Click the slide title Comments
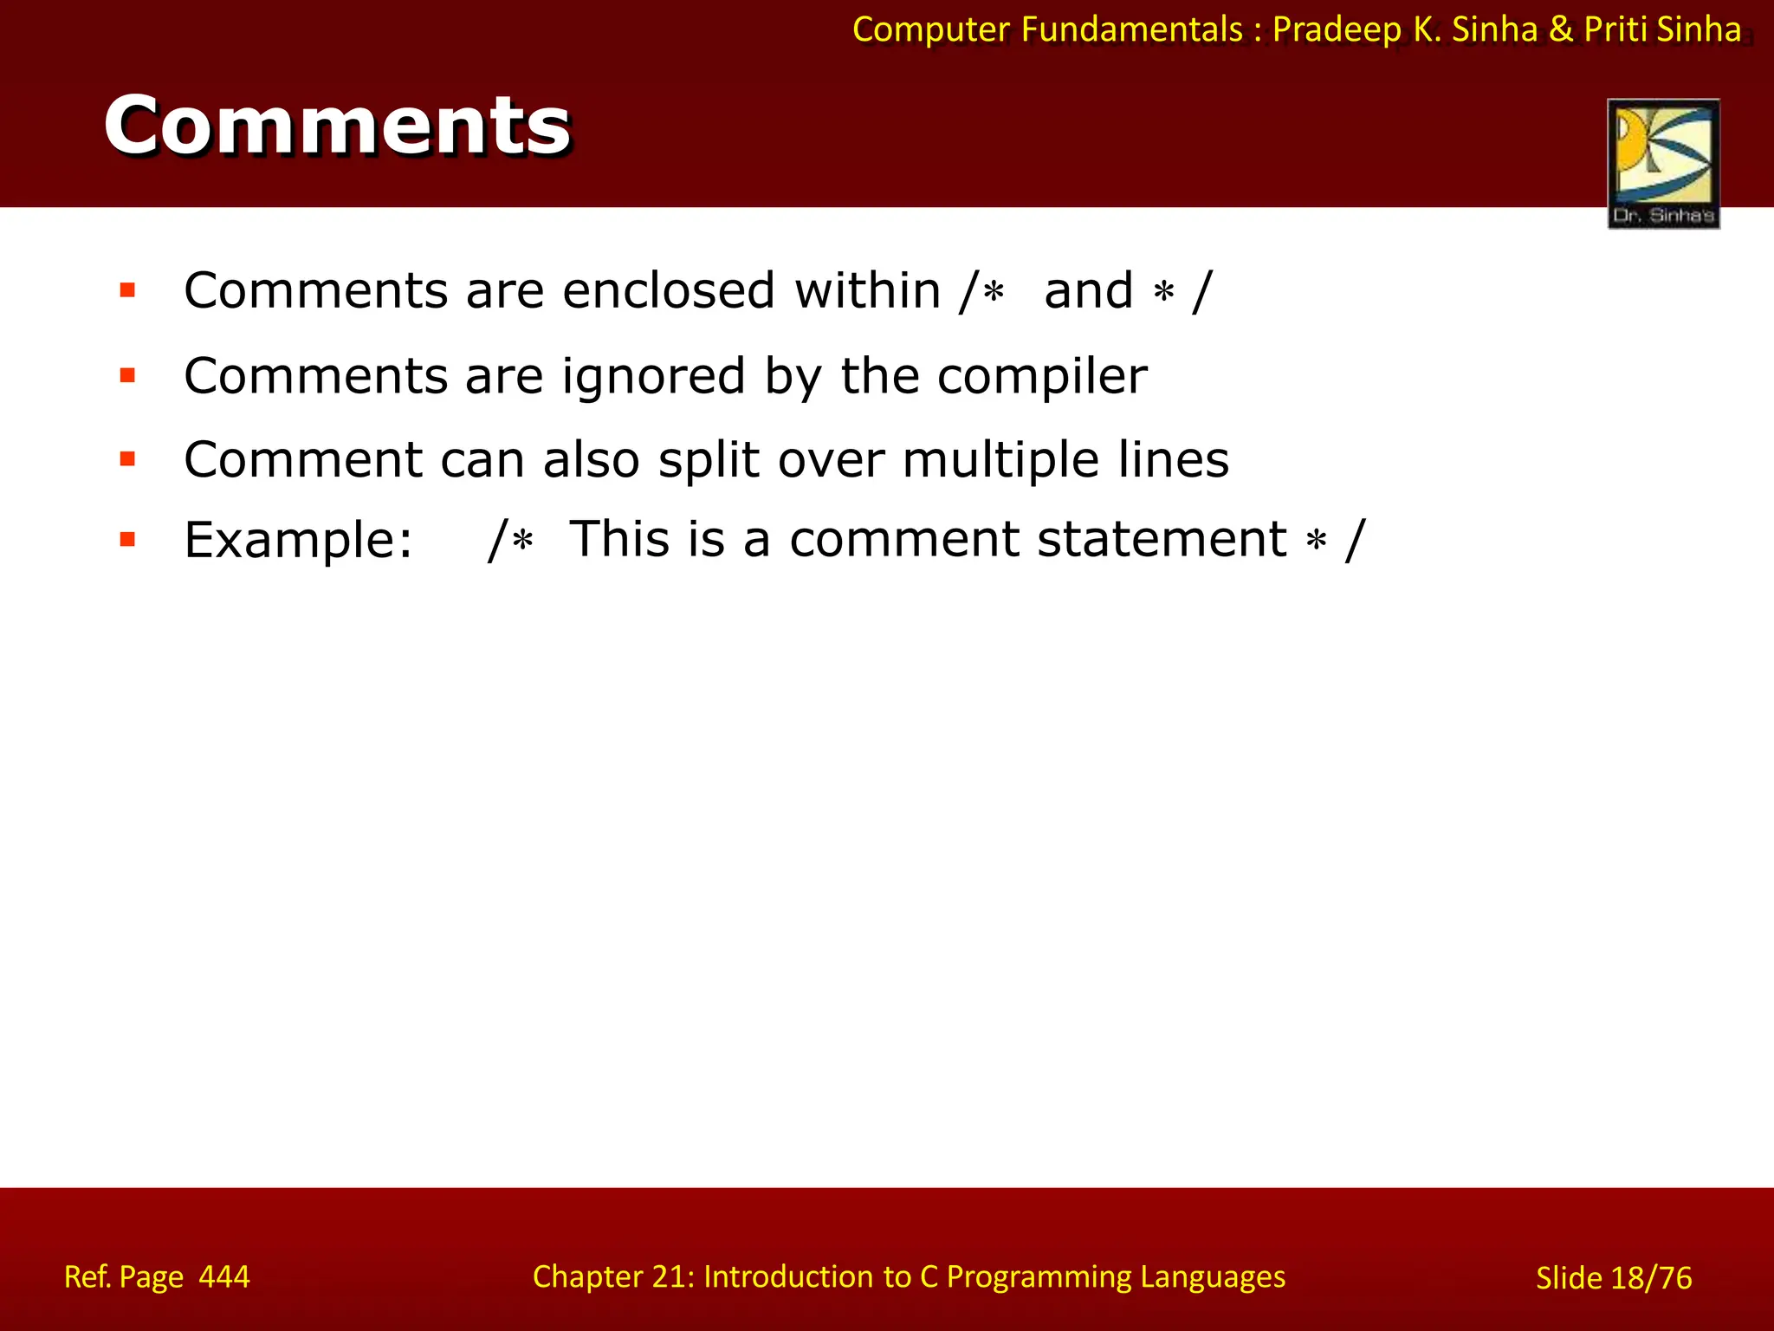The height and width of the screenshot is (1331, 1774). click(x=337, y=126)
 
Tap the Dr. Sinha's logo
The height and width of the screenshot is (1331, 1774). click(x=1663, y=164)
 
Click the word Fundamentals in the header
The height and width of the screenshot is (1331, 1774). click(x=1131, y=30)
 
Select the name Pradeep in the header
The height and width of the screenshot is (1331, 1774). click(x=1337, y=30)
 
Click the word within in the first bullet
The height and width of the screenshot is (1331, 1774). click(x=867, y=290)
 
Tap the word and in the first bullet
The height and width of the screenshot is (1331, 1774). click(x=1088, y=290)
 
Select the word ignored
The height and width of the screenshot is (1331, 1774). click(x=653, y=376)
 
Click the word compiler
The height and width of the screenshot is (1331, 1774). click(x=1041, y=376)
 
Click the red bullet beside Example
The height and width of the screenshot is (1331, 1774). click(x=128, y=540)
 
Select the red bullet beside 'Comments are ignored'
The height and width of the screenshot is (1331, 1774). click(x=128, y=376)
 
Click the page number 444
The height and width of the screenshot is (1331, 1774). click(x=223, y=1277)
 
